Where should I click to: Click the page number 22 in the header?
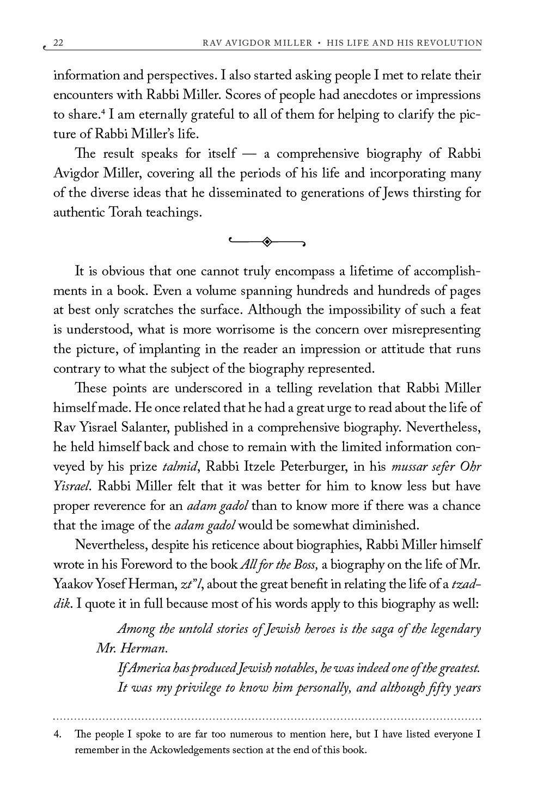pos(59,43)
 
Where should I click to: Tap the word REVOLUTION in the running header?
pos(451,43)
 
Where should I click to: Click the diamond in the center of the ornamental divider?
pos(267,242)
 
